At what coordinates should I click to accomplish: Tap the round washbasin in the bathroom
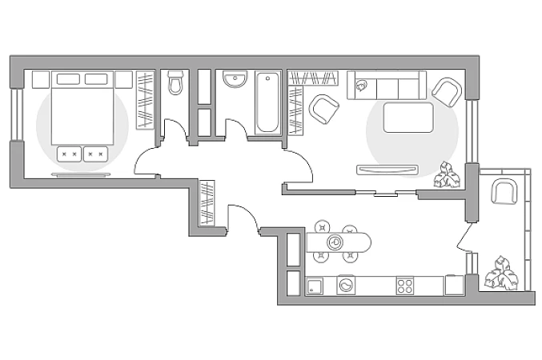click(x=235, y=81)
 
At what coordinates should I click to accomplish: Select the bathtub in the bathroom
click(x=268, y=102)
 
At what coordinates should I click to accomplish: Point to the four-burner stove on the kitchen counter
click(x=405, y=286)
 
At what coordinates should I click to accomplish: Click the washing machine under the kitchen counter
click(x=346, y=285)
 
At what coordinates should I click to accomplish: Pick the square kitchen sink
click(x=315, y=286)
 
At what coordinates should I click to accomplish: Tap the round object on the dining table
click(x=335, y=241)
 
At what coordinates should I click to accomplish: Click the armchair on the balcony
click(x=504, y=192)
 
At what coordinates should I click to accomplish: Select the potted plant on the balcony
click(x=501, y=274)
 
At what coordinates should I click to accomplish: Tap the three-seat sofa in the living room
click(x=387, y=86)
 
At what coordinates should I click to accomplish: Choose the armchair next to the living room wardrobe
click(x=323, y=109)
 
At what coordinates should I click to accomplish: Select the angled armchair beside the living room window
click(x=446, y=91)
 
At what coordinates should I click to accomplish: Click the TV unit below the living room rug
click(x=387, y=169)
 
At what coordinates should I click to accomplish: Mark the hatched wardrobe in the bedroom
click(x=145, y=99)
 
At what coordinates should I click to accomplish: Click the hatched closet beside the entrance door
click(x=207, y=203)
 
